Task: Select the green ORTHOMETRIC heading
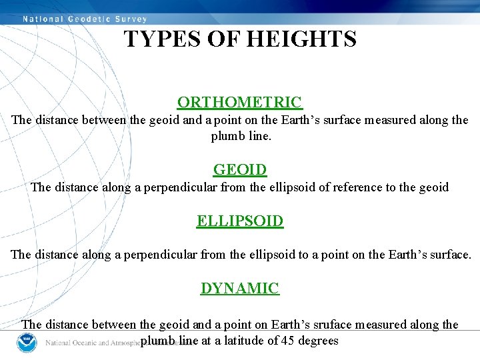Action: (239, 102)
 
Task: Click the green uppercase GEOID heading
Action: (240, 170)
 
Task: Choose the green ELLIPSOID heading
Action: (240, 221)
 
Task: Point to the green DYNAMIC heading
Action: (240, 289)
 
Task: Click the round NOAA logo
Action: (26, 343)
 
